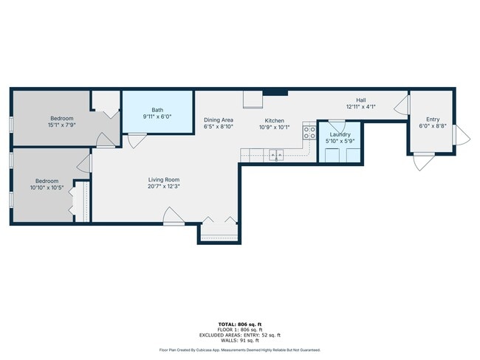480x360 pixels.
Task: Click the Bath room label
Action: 157,110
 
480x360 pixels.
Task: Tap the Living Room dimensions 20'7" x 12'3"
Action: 164,186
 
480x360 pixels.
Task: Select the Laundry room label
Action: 340,134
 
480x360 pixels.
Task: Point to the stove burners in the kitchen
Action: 309,133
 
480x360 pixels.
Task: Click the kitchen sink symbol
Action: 276,155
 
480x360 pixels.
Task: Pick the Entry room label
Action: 433,120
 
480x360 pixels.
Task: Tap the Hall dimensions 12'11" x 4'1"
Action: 361,107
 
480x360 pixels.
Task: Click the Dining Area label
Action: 219,120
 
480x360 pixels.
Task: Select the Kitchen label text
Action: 274,121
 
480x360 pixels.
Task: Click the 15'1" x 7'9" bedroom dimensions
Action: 62,125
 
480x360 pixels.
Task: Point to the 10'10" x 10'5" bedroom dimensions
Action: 47,188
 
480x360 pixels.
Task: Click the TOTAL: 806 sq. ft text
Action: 240,324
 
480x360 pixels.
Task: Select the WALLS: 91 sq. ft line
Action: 240,340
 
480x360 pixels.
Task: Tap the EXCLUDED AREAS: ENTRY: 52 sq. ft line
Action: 240,335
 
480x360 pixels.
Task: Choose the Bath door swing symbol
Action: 137,140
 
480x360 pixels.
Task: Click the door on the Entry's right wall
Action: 462,135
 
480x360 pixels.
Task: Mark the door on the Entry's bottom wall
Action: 424,162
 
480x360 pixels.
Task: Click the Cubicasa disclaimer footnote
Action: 240,350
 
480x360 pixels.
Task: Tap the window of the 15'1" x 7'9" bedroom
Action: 11,125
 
